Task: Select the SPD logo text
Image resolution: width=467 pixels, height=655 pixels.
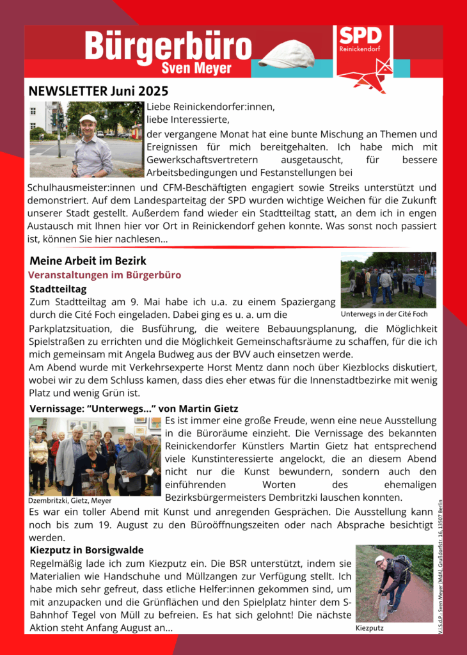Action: pyautogui.click(x=360, y=36)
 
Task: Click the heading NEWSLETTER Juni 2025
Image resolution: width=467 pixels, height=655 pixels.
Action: pyautogui.click(x=98, y=91)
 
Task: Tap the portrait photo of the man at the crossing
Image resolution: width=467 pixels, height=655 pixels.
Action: pyautogui.click(x=86, y=139)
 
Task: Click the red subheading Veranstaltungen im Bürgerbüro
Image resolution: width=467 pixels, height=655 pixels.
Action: pyautogui.click(x=104, y=274)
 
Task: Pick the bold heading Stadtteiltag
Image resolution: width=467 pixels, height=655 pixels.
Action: pyautogui.click(x=58, y=288)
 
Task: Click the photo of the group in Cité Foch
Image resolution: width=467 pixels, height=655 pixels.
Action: pyautogui.click(x=388, y=280)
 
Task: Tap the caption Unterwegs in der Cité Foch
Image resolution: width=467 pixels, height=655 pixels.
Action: pyautogui.click(x=384, y=314)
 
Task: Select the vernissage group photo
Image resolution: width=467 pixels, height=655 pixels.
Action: pyautogui.click(x=95, y=455)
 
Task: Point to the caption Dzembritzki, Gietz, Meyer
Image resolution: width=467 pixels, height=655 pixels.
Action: pyautogui.click(x=70, y=500)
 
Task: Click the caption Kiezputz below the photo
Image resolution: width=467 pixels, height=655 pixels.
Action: pyautogui.click(x=370, y=629)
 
